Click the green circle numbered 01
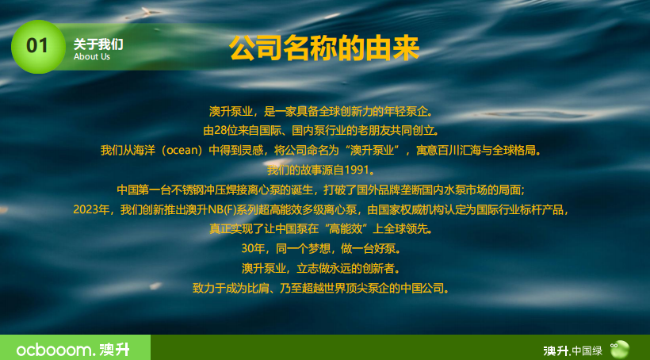tap(37, 46)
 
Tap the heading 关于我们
tap(98, 44)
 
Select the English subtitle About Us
tap(92, 57)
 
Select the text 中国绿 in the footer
tap(587, 350)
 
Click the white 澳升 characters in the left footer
tap(113, 349)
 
